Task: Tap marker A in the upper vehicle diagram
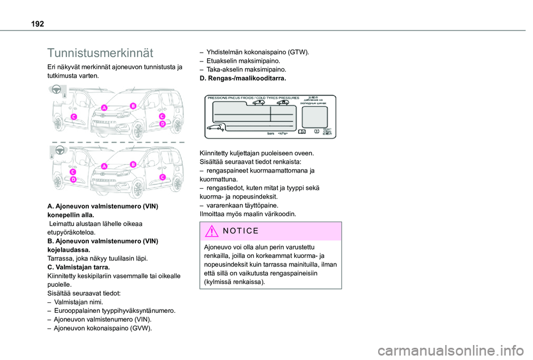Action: pyautogui.click(x=104, y=107)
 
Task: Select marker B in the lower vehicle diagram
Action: pyautogui.click(x=133, y=165)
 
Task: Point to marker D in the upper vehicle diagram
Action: pyautogui.click(x=163, y=124)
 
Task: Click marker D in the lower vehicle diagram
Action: pyautogui.click(x=73, y=180)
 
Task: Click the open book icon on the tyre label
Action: pyautogui.click(x=301, y=132)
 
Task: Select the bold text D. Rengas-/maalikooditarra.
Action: pyautogui.click(x=243, y=79)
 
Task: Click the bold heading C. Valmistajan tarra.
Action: pyautogui.click(x=79, y=267)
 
